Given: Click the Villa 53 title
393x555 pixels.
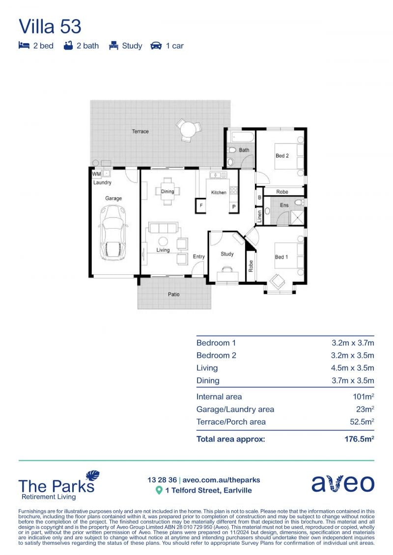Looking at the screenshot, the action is (50, 26).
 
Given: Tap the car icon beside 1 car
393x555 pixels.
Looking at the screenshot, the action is (156, 46).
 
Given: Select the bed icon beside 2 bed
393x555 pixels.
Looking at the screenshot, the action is (24, 45).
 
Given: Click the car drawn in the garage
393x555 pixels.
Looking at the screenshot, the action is (113, 233).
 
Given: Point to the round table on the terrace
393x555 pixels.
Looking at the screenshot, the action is (189, 130).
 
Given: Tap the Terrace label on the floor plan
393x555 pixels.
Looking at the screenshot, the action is (140, 132).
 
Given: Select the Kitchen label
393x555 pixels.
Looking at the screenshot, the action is (219, 192).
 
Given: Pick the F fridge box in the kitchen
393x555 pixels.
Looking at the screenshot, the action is (201, 206).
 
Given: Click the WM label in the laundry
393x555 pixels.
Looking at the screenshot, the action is (96, 174).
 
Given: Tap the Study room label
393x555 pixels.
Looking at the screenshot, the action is (227, 254).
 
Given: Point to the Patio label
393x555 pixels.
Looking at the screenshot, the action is (173, 294).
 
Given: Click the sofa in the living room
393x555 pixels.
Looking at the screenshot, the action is (163, 228).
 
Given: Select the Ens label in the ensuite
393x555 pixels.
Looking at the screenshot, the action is (284, 205).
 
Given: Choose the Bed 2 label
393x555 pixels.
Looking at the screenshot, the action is (282, 156).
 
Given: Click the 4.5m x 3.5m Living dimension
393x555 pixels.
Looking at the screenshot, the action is (352, 368).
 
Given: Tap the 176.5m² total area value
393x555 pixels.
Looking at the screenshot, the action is (359, 439).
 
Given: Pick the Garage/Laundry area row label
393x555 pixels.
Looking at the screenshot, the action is (235, 409).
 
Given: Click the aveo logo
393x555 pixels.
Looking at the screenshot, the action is (343, 483).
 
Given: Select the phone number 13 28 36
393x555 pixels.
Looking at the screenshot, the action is (162, 480).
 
